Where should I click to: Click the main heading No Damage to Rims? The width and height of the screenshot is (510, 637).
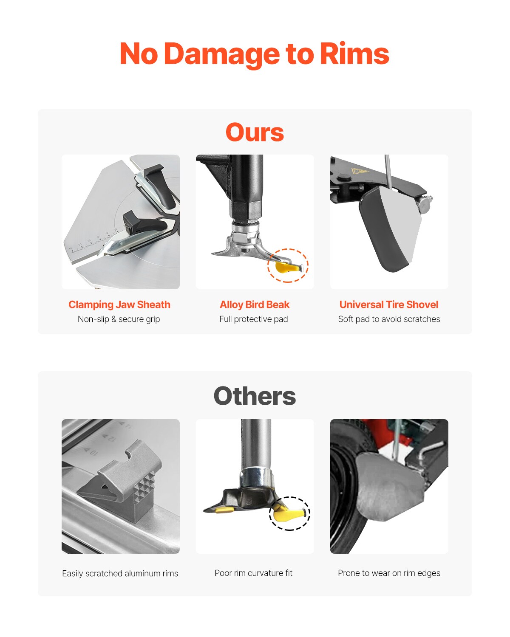(254, 54)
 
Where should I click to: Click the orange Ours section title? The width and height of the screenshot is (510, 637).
(255, 132)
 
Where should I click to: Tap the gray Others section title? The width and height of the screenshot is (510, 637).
(255, 396)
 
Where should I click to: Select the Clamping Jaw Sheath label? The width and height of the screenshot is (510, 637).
(119, 304)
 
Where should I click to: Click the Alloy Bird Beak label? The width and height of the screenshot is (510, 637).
(255, 304)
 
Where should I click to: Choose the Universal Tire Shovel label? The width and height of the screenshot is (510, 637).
(389, 304)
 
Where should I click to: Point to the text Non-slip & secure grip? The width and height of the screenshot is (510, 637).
(119, 319)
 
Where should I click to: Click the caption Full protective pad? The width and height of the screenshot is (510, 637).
(254, 319)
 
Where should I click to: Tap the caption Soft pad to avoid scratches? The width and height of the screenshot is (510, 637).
(389, 319)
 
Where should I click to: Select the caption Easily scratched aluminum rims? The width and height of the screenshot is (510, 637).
(120, 573)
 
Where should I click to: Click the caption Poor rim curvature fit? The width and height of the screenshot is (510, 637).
(254, 573)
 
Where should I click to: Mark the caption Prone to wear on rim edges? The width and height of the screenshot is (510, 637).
(389, 573)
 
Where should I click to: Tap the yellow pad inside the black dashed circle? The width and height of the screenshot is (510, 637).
(287, 514)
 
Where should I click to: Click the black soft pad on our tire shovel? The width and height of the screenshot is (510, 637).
(380, 231)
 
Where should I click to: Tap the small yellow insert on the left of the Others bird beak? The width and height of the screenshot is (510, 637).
(224, 510)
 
